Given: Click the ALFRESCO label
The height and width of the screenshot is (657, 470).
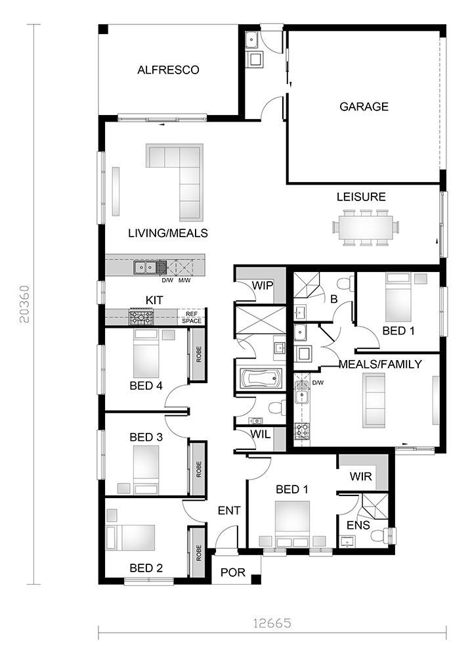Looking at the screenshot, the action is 168,70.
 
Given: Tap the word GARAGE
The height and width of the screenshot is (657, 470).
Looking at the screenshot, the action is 364,106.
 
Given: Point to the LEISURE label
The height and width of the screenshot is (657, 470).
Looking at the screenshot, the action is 361,196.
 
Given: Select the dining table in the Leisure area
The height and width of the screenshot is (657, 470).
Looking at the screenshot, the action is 366,227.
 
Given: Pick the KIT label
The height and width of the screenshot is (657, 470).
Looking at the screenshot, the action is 154,300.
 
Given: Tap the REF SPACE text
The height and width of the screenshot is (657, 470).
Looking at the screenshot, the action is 192,317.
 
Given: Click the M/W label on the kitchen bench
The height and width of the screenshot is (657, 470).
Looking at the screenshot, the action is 184,281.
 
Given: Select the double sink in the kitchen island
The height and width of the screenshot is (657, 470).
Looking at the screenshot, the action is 145,267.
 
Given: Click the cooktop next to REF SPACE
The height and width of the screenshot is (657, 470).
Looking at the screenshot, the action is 142,317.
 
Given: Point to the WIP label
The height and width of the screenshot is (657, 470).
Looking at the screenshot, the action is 263,286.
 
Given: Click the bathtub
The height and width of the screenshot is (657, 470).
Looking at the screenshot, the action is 261,379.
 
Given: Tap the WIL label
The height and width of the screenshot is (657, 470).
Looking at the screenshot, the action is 261,434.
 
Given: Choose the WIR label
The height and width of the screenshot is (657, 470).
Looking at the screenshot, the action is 361,476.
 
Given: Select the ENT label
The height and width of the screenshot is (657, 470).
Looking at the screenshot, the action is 229,510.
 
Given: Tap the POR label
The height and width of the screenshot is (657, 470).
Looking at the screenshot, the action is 232,572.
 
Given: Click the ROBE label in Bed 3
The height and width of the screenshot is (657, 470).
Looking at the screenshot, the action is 198,469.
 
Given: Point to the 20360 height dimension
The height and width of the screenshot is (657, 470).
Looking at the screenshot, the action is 25,304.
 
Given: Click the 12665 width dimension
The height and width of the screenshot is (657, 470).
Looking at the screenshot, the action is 272,623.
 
